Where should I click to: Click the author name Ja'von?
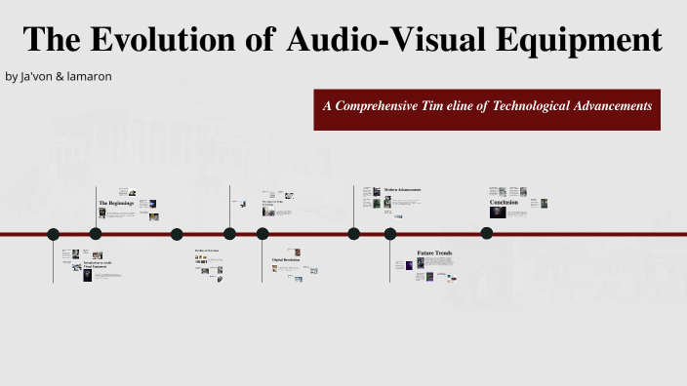point(43,76)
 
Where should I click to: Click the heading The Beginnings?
point(116,203)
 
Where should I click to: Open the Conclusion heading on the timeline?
point(504,202)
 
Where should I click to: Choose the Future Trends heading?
point(434,253)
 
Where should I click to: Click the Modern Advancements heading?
point(402,189)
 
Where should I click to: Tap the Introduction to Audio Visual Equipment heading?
point(98,265)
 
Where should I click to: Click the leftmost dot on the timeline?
point(54,234)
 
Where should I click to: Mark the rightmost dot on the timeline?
point(486,234)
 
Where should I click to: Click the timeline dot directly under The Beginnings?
point(96,234)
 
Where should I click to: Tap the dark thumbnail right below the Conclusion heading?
point(498,212)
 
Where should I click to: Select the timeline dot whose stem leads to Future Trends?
point(390,234)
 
